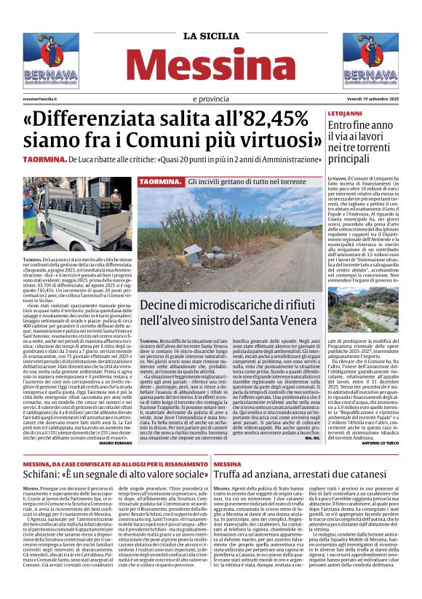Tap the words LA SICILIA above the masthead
(x=210, y=36)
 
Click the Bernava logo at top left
(x=50, y=61)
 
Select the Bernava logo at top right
(x=370, y=61)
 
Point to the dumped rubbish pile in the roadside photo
(x=196, y=255)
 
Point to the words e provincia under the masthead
(x=210, y=98)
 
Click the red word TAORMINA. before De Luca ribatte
(x=45, y=159)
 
